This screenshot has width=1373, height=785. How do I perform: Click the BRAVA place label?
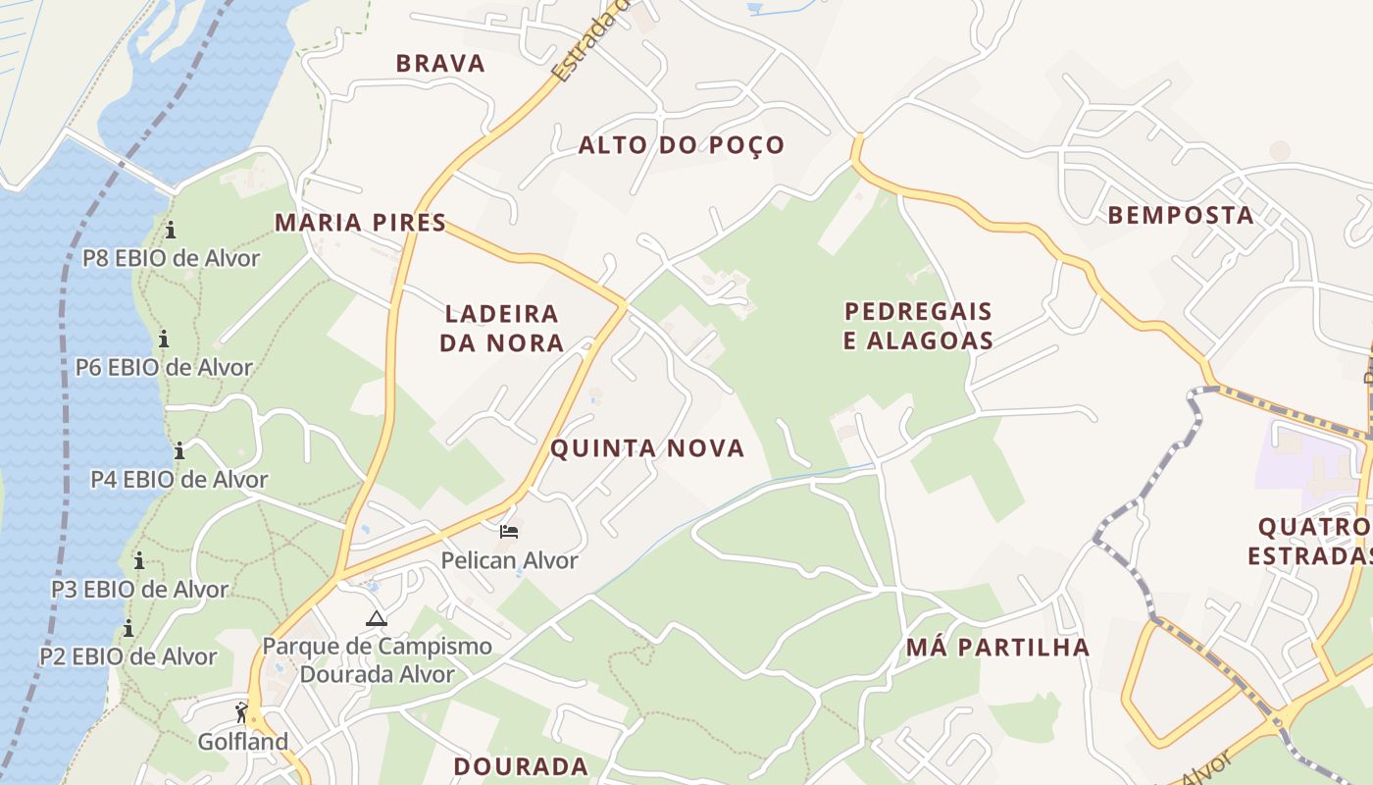(440, 64)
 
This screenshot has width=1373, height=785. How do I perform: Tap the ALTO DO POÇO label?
(682, 145)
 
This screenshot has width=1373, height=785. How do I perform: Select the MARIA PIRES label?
(360, 223)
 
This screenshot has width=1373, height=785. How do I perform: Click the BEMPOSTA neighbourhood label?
(1181, 215)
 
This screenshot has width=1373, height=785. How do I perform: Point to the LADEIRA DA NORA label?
(501, 328)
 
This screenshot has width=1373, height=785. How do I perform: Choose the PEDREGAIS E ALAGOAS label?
(919, 326)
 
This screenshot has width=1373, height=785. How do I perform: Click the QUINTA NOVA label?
(647, 448)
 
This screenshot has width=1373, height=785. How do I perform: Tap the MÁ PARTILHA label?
(997, 647)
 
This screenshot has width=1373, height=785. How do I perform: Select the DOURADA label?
(521, 766)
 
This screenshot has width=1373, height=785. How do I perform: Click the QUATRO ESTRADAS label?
(1311, 541)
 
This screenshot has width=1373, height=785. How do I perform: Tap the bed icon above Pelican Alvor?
(508, 532)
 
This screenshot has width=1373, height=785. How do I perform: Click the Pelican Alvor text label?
(509, 560)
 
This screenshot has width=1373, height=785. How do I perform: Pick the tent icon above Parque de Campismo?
(376, 618)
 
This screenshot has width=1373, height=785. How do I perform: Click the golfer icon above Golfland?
(241, 712)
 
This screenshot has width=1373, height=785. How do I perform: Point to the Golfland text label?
(243, 741)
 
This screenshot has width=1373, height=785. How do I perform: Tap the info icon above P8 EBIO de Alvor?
(171, 230)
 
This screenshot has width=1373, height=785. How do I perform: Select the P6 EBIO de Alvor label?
(164, 368)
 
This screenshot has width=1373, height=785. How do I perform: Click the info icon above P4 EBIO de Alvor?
(179, 451)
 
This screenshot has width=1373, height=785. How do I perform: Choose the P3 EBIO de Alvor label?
(139, 590)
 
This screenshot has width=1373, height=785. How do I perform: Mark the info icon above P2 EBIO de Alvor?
(128, 628)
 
